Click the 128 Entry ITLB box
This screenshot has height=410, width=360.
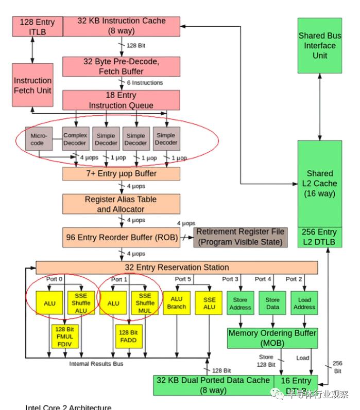[x=38, y=27]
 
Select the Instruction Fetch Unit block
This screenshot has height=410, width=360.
[x=32, y=85]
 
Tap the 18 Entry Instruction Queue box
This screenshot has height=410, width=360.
[x=121, y=100]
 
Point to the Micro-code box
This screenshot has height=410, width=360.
[x=39, y=139]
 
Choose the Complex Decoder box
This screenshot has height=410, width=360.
[x=75, y=139]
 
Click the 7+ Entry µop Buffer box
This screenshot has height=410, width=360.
[x=121, y=174]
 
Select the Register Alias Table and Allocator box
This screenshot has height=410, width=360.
[x=121, y=204]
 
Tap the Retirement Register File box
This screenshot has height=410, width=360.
[x=240, y=237]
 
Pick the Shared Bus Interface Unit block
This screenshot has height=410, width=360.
[x=319, y=45]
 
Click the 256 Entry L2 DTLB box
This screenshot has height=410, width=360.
[x=319, y=237]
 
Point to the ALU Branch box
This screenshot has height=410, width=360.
[x=176, y=303]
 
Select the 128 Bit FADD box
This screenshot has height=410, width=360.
[x=128, y=337]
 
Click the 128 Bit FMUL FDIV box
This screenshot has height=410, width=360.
[x=65, y=337]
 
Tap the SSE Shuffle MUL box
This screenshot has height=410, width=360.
[x=145, y=303]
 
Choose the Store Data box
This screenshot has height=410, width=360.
[x=272, y=303]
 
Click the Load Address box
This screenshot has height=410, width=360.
[x=304, y=303]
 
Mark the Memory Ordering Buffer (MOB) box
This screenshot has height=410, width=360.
[x=272, y=337]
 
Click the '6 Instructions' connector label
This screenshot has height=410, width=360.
[x=145, y=83]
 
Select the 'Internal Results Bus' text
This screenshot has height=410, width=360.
[x=96, y=364]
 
